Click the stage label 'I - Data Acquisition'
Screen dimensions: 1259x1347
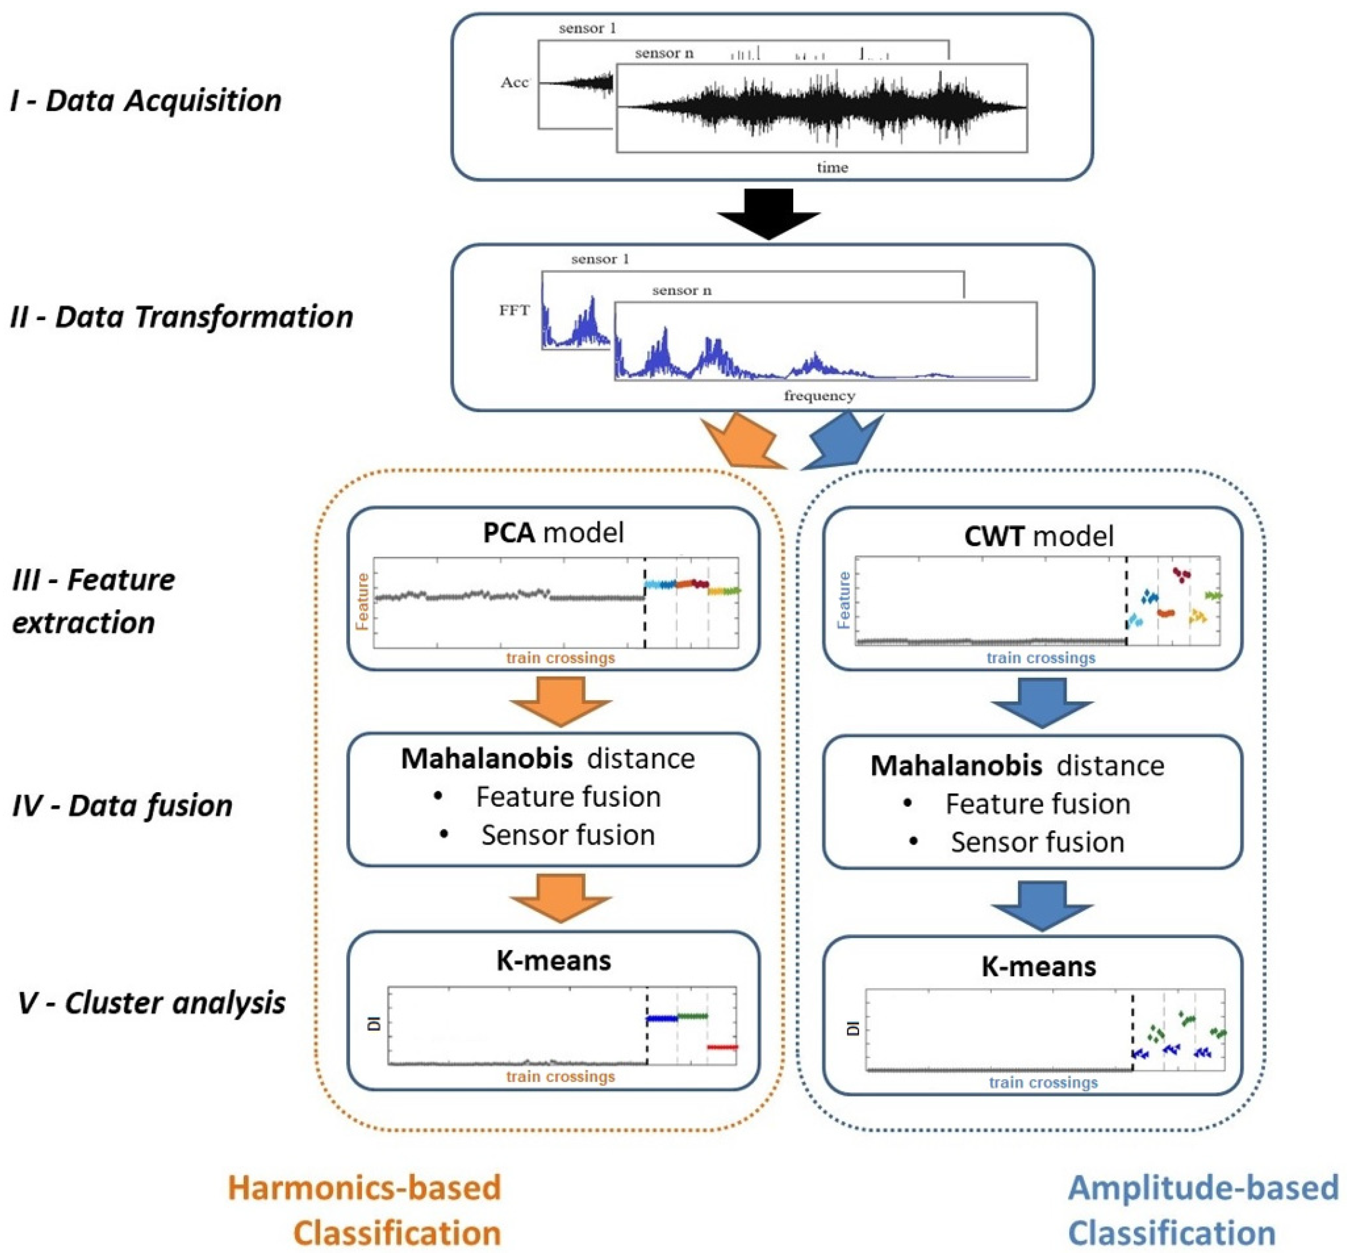pyautogui.click(x=146, y=100)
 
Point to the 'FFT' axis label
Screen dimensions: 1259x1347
pyautogui.click(x=514, y=310)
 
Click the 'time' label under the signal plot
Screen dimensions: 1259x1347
pyautogui.click(x=832, y=167)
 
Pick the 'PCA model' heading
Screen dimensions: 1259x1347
pyautogui.click(x=553, y=533)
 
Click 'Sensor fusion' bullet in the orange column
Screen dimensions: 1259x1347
pyautogui.click(x=568, y=835)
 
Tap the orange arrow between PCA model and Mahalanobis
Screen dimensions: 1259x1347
pyautogui.click(x=560, y=702)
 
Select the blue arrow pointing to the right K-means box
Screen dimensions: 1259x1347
pyautogui.click(x=1041, y=906)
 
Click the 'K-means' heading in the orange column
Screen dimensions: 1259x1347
pyautogui.click(x=553, y=960)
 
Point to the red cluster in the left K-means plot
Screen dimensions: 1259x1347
pyautogui.click(x=722, y=1047)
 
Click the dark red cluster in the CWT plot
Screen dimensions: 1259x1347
pyautogui.click(x=1182, y=574)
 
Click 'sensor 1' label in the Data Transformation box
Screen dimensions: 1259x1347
pyautogui.click(x=600, y=259)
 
